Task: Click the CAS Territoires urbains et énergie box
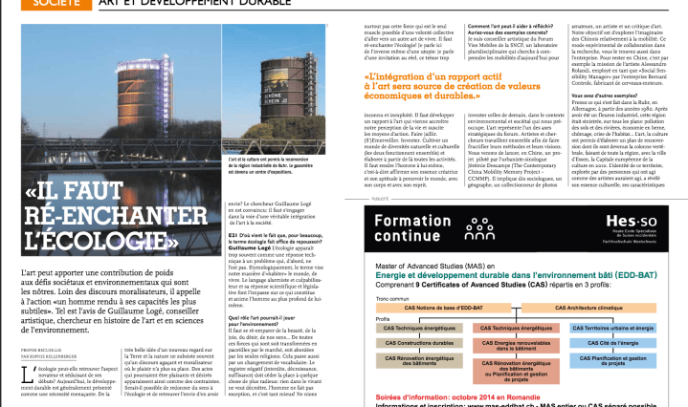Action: pos(623,327)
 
